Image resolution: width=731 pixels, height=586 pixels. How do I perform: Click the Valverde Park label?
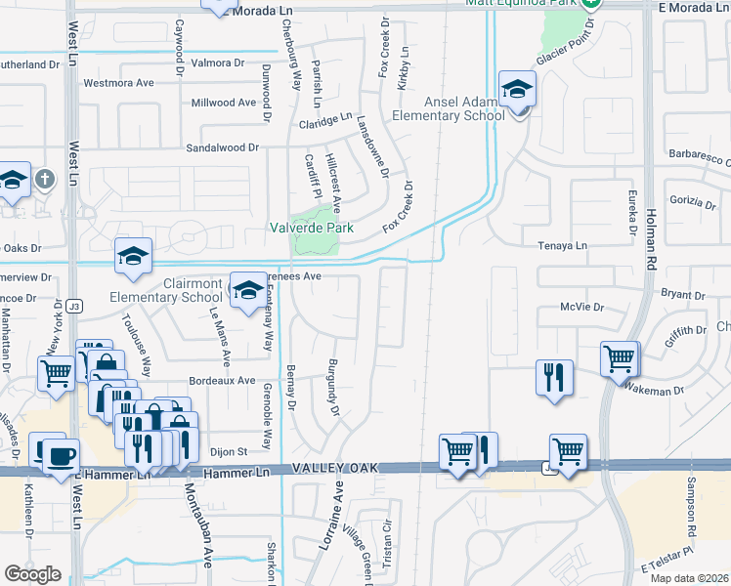pyautogui.click(x=311, y=228)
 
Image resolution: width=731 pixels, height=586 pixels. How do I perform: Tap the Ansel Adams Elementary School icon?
pyautogui.click(x=515, y=91)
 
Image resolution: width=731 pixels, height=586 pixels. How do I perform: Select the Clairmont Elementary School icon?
pyautogui.click(x=248, y=288)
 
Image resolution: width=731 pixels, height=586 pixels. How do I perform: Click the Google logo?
pyautogui.click(x=32, y=574)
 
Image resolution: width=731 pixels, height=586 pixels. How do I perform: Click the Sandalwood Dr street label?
pyautogui.click(x=223, y=147)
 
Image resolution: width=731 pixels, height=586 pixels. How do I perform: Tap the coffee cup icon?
pyautogui.click(x=61, y=456)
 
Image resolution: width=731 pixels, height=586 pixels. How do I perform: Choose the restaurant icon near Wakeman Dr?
pyautogui.click(x=555, y=376)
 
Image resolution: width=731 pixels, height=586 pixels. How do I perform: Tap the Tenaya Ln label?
pyautogui.click(x=566, y=245)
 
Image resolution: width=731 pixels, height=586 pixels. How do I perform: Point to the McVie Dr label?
pyautogui.click(x=582, y=307)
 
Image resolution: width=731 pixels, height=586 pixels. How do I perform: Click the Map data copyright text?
pyautogui.click(x=691, y=576)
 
